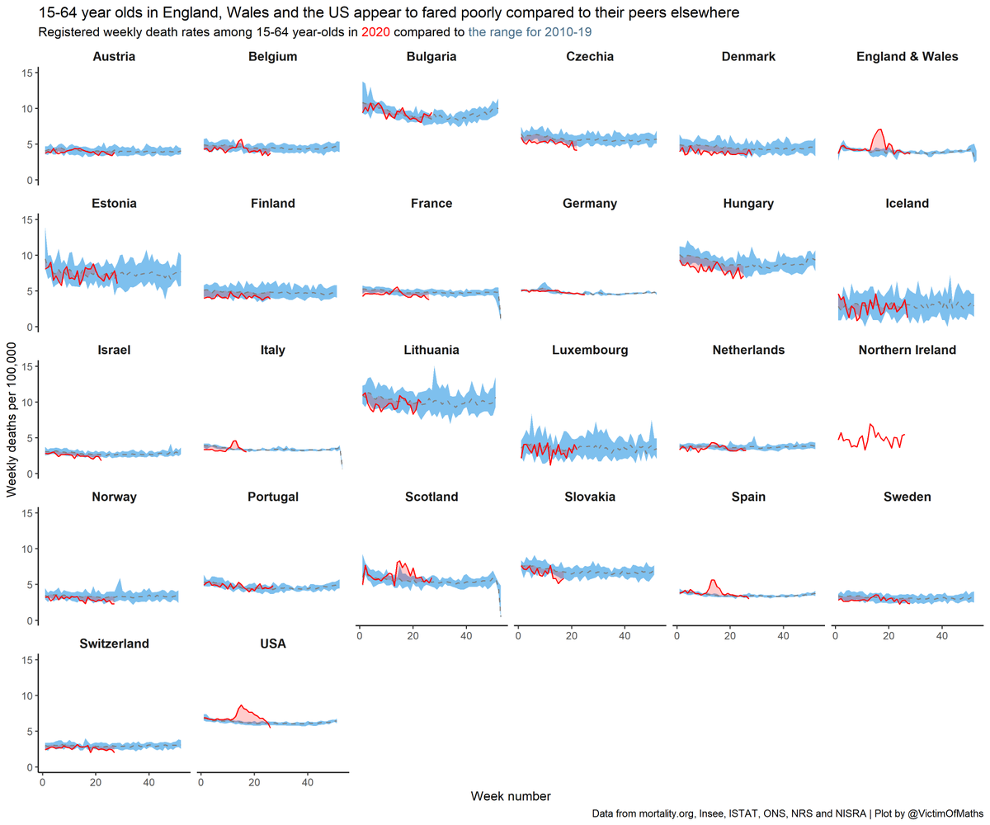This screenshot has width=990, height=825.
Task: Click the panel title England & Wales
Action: click(907, 56)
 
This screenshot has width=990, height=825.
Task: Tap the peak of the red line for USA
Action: click(240, 705)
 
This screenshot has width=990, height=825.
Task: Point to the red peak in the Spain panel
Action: click(713, 580)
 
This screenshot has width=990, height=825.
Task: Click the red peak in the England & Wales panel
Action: click(880, 130)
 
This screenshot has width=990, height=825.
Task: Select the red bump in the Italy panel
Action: click(235, 441)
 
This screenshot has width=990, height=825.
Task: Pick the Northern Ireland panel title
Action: click(907, 350)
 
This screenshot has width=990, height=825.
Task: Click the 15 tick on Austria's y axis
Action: click(27, 73)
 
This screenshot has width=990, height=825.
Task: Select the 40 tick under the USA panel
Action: click(308, 781)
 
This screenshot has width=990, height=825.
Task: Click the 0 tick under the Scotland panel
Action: click(360, 634)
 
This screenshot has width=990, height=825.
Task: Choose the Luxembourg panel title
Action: click(590, 350)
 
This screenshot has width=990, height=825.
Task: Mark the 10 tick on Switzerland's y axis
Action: click(27, 695)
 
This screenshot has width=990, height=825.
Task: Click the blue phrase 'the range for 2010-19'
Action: click(530, 32)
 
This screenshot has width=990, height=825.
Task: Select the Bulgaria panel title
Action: click(431, 56)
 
